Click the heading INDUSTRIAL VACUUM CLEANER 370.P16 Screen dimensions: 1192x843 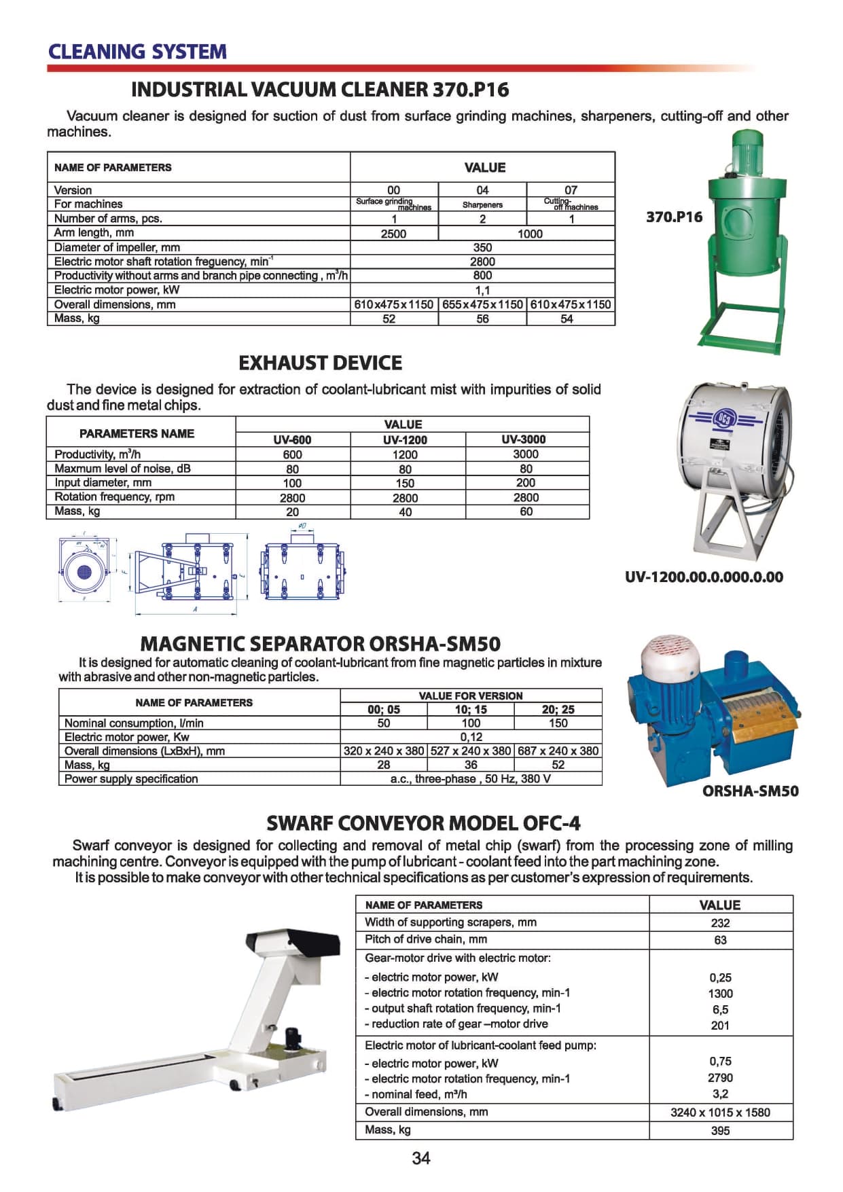(319, 90)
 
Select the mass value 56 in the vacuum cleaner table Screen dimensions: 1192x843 (482, 319)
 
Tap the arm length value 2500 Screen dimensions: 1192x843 (393, 234)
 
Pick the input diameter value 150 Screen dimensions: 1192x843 (405, 483)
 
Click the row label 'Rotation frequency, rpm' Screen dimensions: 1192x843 (114, 496)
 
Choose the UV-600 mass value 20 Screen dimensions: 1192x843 (292, 511)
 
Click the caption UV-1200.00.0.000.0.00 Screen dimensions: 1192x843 (704, 577)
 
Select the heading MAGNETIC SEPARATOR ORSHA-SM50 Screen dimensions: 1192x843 (320, 643)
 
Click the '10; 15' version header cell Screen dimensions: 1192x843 (471, 709)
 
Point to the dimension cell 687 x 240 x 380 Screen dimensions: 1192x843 (558, 751)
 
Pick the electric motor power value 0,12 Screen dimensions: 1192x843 (471, 737)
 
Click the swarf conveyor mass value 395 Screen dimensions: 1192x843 (720, 1131)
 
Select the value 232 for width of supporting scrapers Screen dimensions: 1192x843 (720, 923)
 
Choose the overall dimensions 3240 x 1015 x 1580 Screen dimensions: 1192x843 (720, 1113)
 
